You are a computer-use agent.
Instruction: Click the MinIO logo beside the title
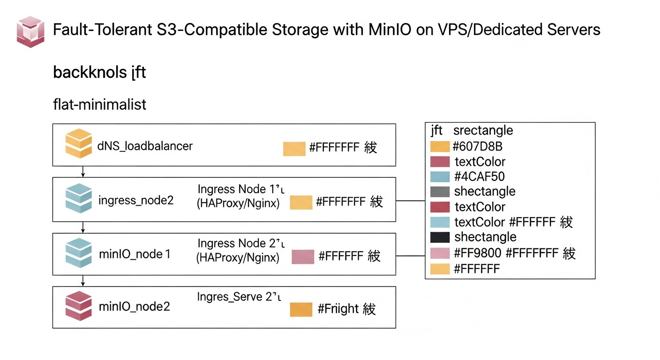[30, 31]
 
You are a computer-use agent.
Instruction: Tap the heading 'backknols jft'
[99, 73]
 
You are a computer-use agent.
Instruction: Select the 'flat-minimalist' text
[100, 104]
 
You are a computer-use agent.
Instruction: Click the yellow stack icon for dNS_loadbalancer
[78, 143]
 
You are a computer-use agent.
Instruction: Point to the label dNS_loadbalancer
[145, 146]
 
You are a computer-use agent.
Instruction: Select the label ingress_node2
[136, 201]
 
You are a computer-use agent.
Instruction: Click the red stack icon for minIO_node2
[78, 306]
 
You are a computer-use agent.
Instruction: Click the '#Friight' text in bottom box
[338, 309]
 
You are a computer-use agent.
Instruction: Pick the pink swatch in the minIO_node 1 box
[302, 257]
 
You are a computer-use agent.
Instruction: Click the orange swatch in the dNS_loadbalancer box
[294, 149]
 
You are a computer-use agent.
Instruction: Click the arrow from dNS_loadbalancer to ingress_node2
[83, 171]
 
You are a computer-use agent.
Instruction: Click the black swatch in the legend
[439, 237]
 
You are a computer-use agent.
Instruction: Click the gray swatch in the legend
[439, 192]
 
